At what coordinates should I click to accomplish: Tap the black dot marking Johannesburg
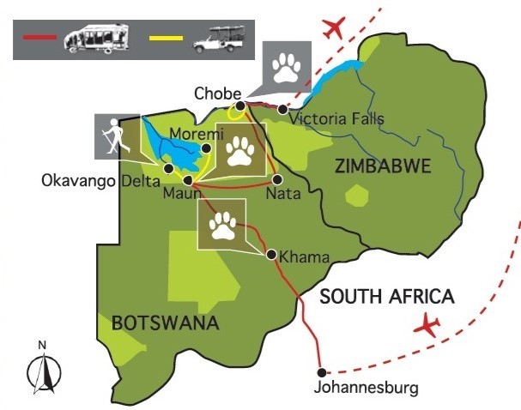[x=322, y=372]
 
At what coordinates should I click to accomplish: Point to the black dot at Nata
[x=277, y=180]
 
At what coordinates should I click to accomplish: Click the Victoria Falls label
[x=325, y=119]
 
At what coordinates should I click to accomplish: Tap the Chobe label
[x=215, y=93]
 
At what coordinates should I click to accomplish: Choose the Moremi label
[x=197, y=135]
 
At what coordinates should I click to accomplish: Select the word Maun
[x=183, y=195]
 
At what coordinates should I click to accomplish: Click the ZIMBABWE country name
[x=373, y=166]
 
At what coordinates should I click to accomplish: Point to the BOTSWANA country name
[x=165, y=323]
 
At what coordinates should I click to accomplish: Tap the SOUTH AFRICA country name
[x=385, y=297]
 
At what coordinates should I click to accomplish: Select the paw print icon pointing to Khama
[x=222, y=225]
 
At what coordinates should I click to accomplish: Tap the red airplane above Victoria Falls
[x=336, y=27]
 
